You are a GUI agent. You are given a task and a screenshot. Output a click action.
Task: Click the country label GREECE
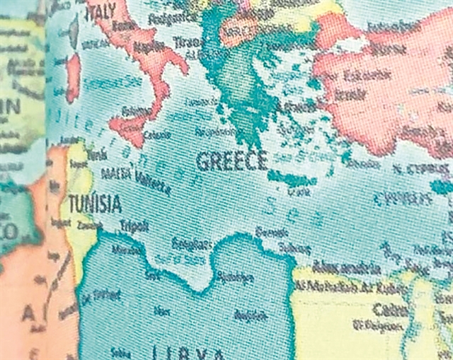[x=232, y=161]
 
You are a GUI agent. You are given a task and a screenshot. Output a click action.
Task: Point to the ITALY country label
[x=101, y=12]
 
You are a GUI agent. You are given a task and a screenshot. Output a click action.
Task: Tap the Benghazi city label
[x=190, y=245]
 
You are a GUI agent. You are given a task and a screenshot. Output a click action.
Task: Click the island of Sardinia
[x=73, y=78]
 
